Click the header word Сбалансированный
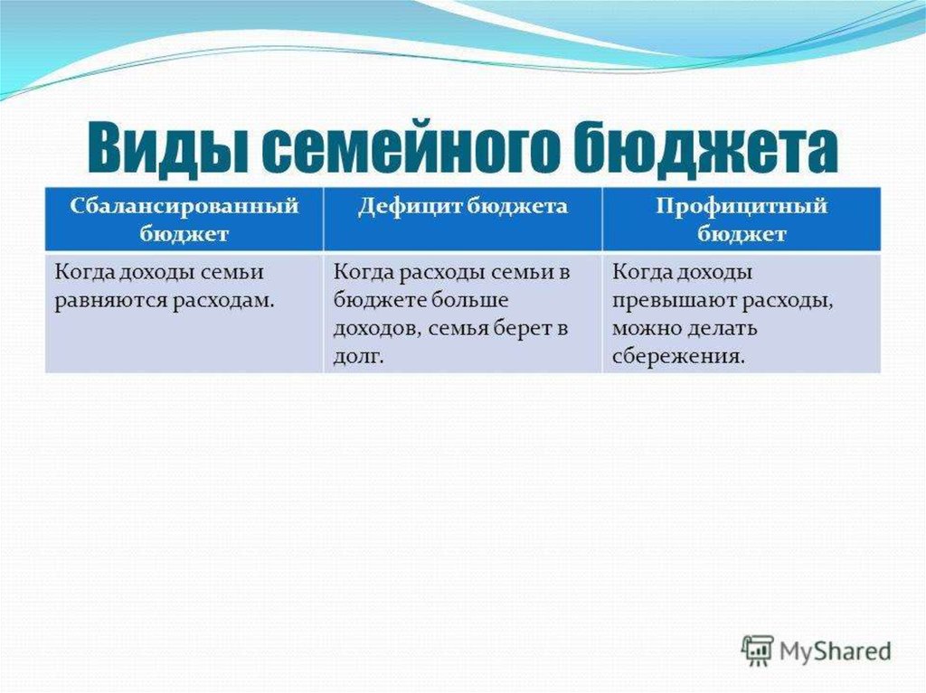[184, 206]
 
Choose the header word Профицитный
[742, 207]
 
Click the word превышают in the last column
[674, 301]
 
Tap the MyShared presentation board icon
[757, 651]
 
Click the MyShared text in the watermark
[836, 651]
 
